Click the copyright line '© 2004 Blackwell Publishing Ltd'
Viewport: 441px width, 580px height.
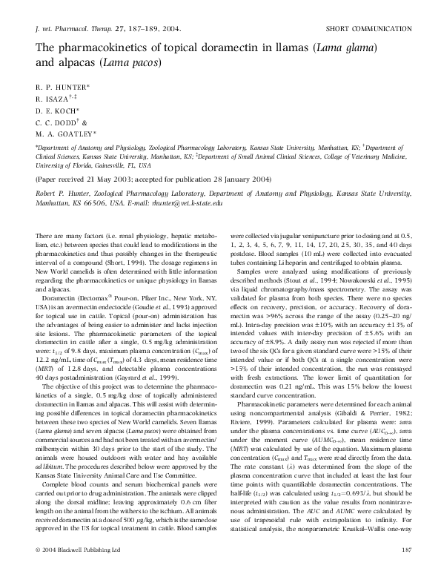(78, 571)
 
